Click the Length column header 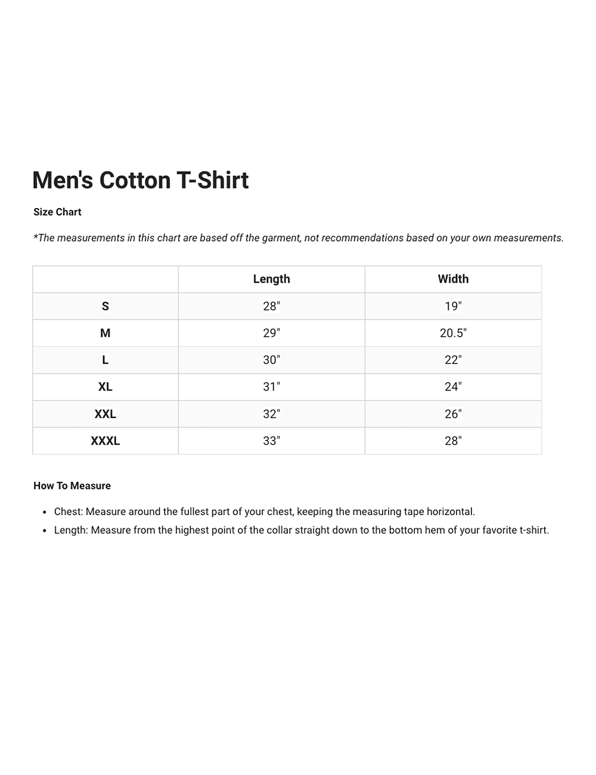click(x=271, y=279)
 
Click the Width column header click(x=453, y=279)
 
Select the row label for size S click(x=105, y=306)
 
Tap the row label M click(x=105, y=333)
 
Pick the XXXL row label click(x=105, y=441)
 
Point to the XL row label click(x=105, y=387)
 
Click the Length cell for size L click(x=271, y=360)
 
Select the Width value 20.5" click(x=453, y=333)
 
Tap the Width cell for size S click(x=453, y=306)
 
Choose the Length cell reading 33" click(x=271, y=441)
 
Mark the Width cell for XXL click(x=453, y=414)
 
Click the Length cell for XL click(x=271, y=387)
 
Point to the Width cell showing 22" click(x=453, y=360)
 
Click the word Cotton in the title click(x=135, y=181)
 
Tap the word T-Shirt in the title click(x=213, y=181)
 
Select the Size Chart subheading click(x=57, y=212)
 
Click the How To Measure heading click(x=72, y=486)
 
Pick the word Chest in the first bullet click(x=67, y=512)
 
